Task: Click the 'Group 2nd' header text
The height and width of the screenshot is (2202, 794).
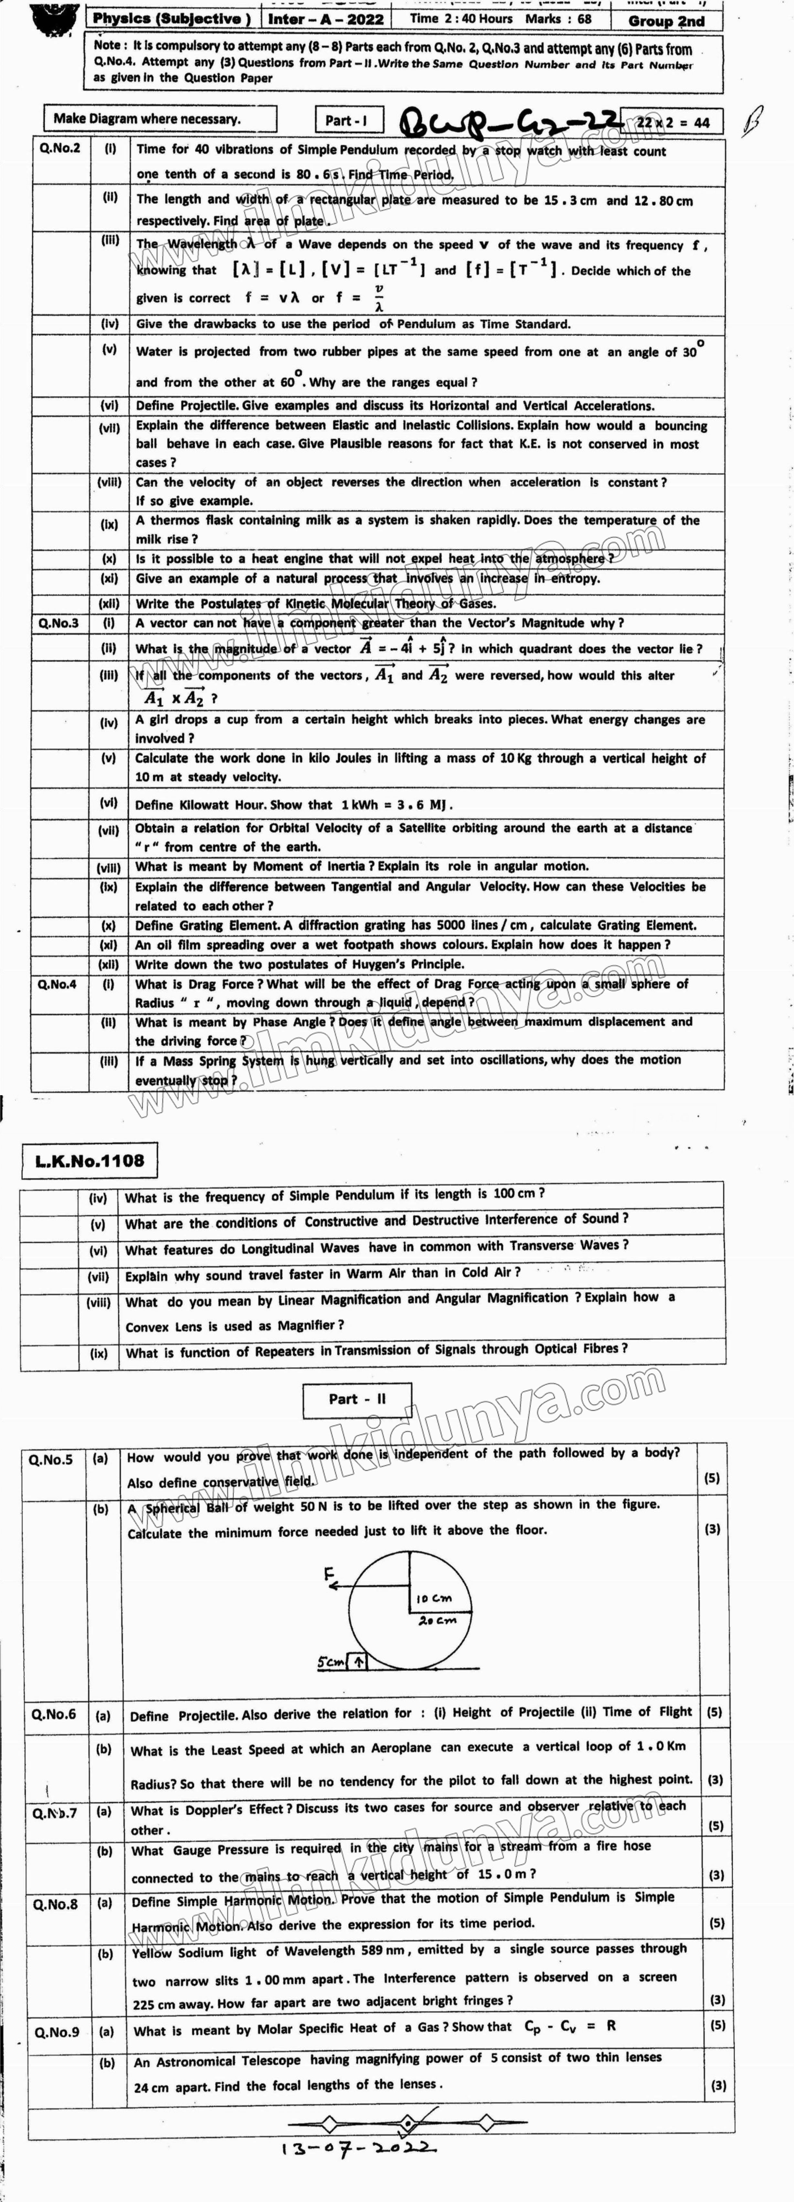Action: (x=667, y=20)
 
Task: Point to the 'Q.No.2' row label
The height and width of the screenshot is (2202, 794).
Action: (x=60, y=148)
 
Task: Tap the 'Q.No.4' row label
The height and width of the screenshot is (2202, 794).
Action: (x=57, y=984)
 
